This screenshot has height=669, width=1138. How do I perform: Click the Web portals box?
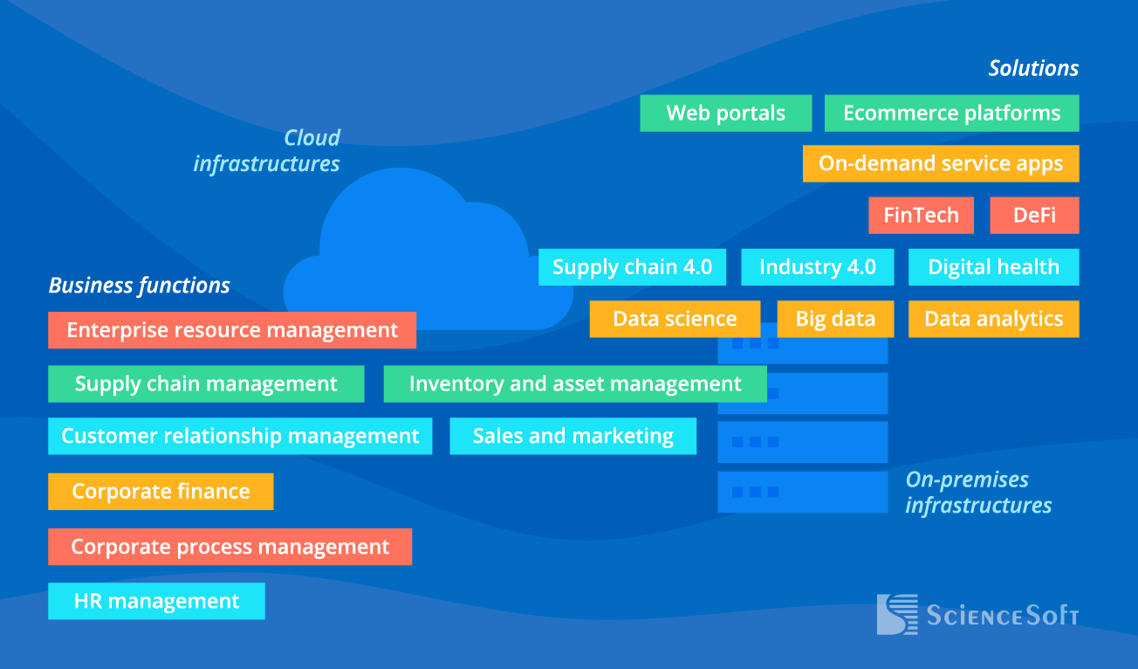725,114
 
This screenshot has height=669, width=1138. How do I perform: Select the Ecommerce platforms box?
951,114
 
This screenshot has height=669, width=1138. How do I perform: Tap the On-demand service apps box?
941,163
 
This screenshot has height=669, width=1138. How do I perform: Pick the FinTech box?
921,216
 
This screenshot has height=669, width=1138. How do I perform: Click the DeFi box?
1034,216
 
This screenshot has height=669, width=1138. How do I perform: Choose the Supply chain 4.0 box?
632,267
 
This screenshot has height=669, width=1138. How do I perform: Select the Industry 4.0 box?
818,267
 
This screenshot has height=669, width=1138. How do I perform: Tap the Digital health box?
993,267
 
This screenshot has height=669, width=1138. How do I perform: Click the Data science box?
675,319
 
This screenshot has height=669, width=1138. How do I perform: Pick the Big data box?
835,319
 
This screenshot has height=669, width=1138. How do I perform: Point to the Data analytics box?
993,319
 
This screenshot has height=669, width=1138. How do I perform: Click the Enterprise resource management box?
232,330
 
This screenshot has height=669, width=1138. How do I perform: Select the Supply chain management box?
206,384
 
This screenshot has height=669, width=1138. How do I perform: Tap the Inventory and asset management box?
575,384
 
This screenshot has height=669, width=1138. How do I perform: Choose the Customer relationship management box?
240,436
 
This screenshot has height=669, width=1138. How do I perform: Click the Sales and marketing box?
572,436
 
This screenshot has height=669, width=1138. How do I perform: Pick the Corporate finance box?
161,492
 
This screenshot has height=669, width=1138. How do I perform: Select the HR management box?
156,601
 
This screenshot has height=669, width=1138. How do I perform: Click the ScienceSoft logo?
977,615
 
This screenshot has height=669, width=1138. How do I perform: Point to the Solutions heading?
1033,68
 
